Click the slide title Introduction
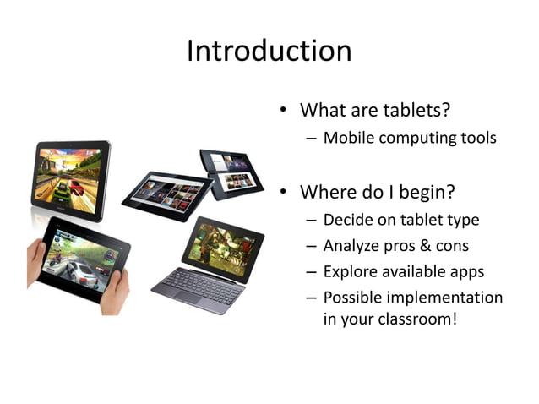click(269, 51)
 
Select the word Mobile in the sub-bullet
click(348, 138)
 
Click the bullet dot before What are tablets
click(286, 111)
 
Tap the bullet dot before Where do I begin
click(286, 194)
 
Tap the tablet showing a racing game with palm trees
click(72, 177)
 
